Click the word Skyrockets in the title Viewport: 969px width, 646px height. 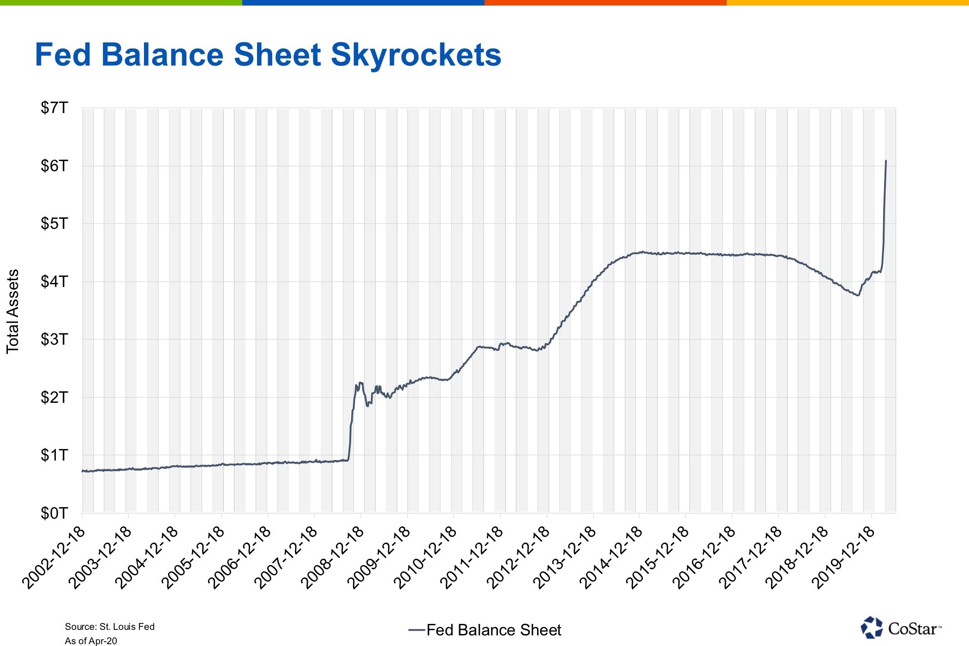(416, 55)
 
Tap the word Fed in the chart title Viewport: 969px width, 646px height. (63, 55)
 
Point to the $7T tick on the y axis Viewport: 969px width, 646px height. (54, 108)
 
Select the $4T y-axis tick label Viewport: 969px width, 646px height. (54, 281)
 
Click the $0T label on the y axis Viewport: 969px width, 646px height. (54, 513)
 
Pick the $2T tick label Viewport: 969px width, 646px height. (54, 397)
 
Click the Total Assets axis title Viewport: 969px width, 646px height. (13, 311)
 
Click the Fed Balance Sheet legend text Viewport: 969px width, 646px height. (494, 630)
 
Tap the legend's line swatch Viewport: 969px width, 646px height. (416, 630)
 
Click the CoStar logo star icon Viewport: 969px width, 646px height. (871, 628)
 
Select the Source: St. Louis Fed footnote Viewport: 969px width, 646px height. (109, 627)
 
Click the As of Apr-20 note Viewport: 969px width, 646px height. (91, 641)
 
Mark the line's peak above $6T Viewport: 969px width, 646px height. (886, 161)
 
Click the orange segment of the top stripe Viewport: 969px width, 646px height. (605, 3)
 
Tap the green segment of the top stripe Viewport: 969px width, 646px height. (121, 3)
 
